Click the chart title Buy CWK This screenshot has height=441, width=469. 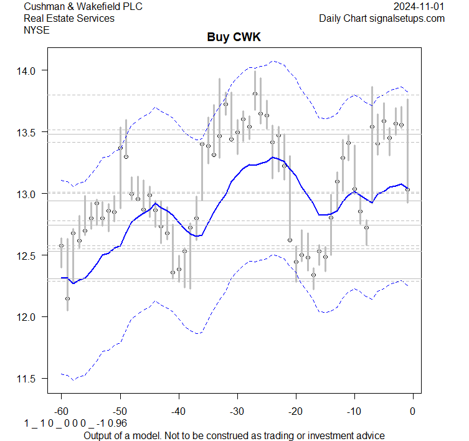(234, 37)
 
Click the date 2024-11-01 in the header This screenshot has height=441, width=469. (419, 6)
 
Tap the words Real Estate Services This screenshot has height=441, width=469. (69, 18)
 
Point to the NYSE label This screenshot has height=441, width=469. (36, 30)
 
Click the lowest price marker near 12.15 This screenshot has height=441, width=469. (67, 299)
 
